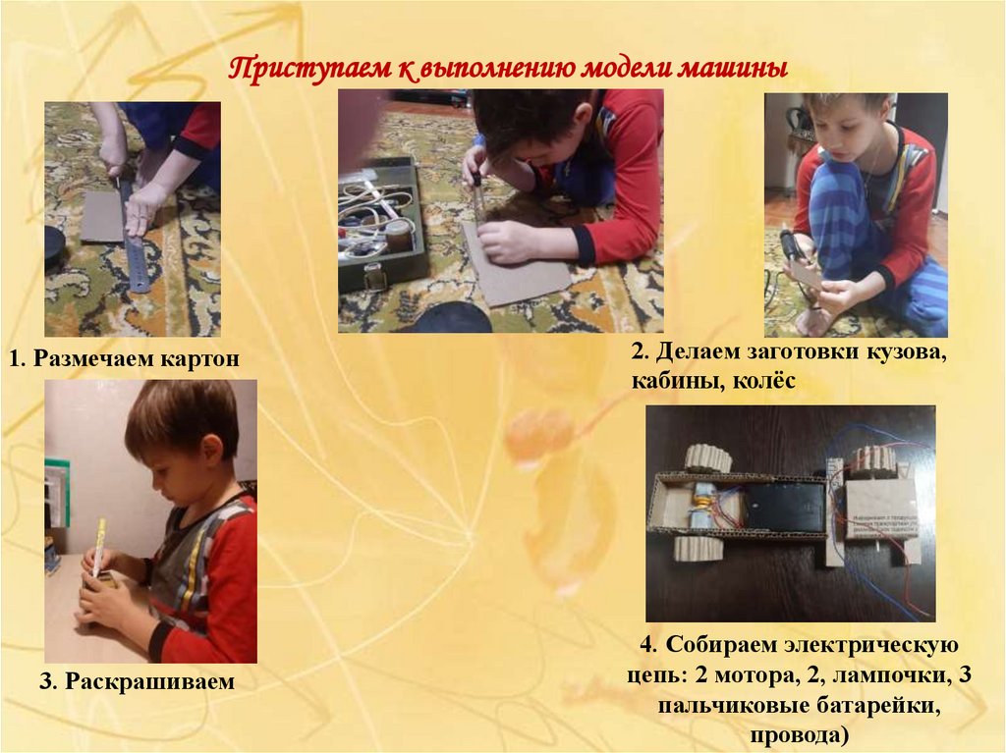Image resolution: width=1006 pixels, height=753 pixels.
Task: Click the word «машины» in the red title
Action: (733, 69)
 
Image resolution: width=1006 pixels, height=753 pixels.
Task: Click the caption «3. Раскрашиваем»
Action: (138, 680)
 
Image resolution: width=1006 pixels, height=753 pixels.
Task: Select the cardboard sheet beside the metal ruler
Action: (101, 216)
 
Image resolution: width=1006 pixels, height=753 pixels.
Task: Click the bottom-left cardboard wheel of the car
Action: (696, 550)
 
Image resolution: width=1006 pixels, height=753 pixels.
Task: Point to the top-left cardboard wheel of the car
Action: (707, 457)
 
